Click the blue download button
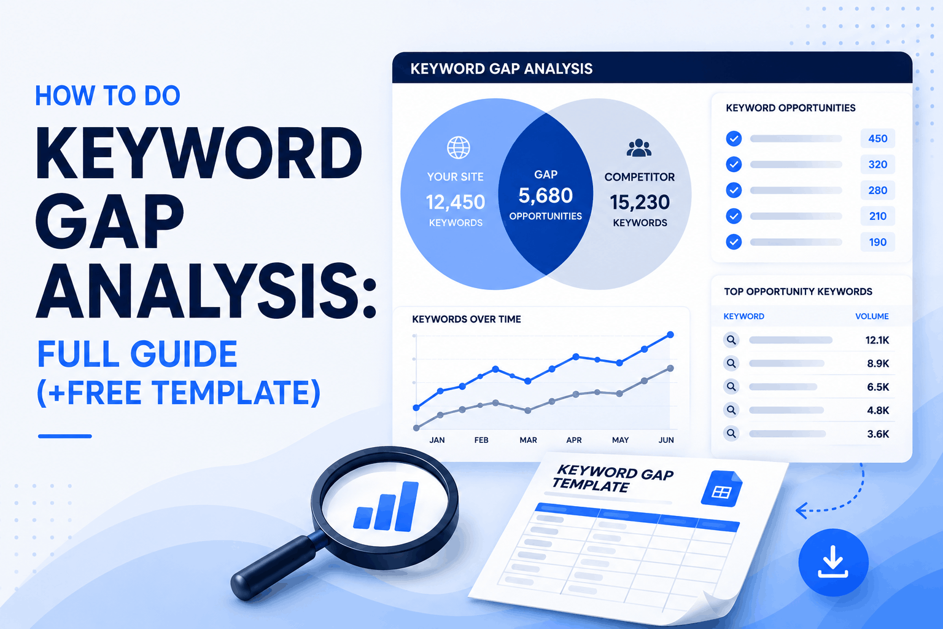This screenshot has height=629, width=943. pyautogui.click(x=833, y=563)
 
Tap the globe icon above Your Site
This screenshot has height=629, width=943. pyautogui.click(x=458, y=147)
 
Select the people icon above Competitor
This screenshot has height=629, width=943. pyautogui.click(x=639, y=148)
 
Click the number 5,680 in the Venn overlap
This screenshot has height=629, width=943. pyautogui.click(x=546, y=195)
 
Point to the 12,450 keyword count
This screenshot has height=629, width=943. pyautogui.click(x=456, y=202)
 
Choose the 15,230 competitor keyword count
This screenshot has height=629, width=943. pyautogui.click(x=640, y=202)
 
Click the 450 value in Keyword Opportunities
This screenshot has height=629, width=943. pyautogui.click(x=878, y=139)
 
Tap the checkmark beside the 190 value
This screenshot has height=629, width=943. pyautogui.click(x=734, y=242)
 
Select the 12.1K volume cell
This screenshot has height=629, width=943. pyautogui.click(x=877, y=340)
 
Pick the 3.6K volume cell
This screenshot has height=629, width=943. pyautogui.click(x=878, y=434)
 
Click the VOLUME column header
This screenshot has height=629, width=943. pyautogui.click(x=872, y=316)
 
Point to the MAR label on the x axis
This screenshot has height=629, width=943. pyautogui.click(x=528, y=440)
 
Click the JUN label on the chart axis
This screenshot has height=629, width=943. pyautogui.click(x=666, y=440)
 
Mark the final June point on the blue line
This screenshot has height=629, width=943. pyautogui.click(x=670, y=335)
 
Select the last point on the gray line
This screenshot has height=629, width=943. pyautogui.click(x=670, y=369)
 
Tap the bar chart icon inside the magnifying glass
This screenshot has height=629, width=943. pyautogui.click(x=386, y=506)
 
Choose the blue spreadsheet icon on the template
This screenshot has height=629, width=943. pyautogui.click(x=721, y=488)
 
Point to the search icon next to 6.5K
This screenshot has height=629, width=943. pyautogui.click(x=731, y=387)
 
